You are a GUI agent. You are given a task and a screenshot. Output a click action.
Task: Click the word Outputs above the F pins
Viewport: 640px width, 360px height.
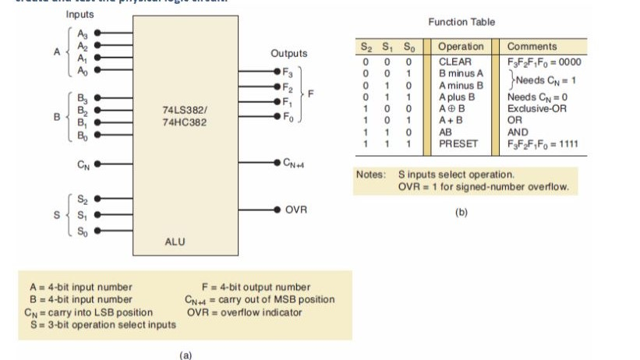[288, 54]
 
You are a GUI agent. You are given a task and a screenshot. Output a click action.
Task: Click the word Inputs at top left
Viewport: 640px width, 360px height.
[80, 15]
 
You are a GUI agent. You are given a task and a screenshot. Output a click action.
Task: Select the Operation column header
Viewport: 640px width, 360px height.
[460, 47]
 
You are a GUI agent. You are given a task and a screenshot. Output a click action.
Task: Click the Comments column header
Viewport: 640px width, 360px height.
[532, 47]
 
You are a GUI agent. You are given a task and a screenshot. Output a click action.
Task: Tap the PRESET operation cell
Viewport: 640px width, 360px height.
[458, 143]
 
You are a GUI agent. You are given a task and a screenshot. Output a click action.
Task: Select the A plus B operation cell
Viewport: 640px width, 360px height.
[458, 96]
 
